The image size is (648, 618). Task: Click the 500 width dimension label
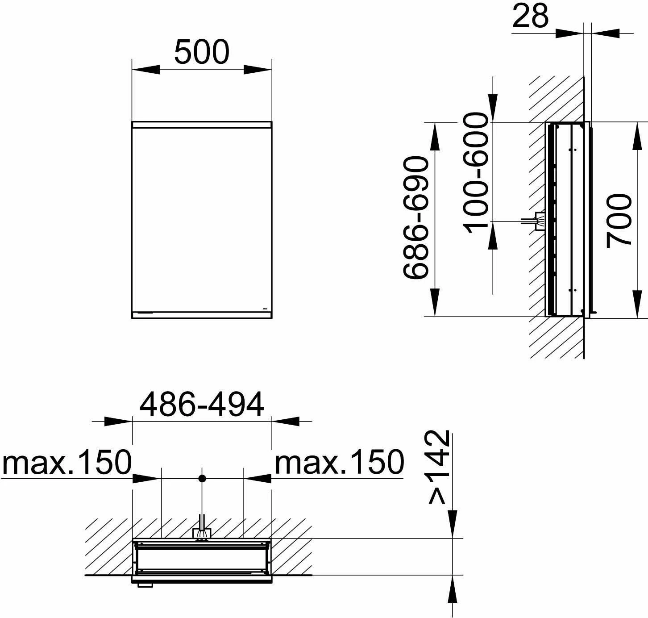[202, 52]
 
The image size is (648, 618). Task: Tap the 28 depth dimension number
[530, 16]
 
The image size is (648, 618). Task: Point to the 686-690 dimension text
[416, 218]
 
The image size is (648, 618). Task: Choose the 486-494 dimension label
[202, 404]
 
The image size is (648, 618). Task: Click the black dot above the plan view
[202, 478]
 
